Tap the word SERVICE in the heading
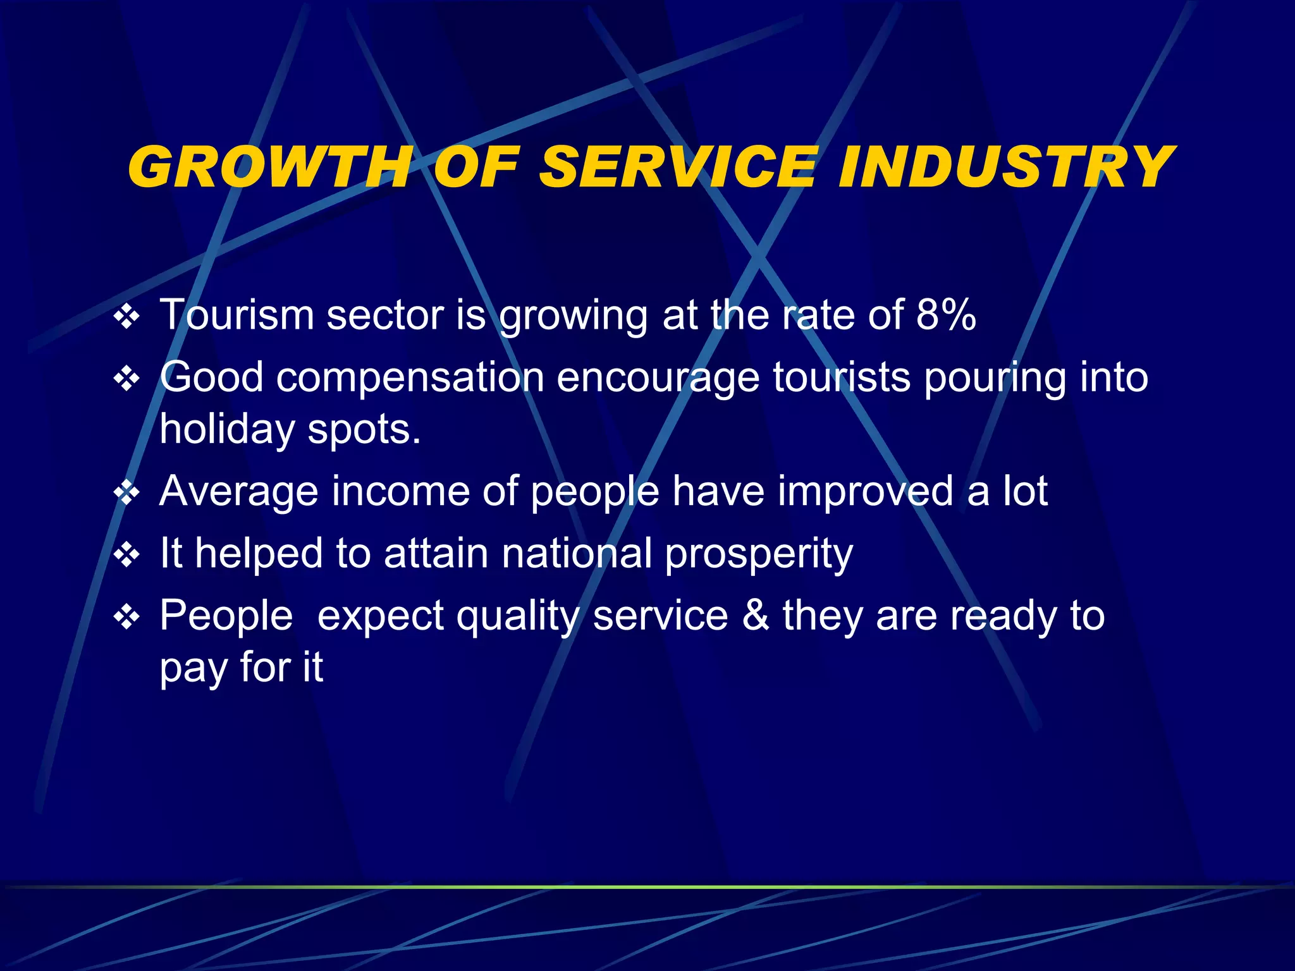[x=678, y=167]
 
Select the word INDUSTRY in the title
[x=1006, y=167]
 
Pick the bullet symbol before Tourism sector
[x=127, y=317]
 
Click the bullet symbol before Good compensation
[x=127, y=379]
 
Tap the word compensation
[x=410, y=378]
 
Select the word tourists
[x=842, y=378]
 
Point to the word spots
[x=364, y=431]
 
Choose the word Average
[x=238, y=491]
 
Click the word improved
[x=864, y=491]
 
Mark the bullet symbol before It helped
[x=127, y=555]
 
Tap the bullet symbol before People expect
[x=127, y=617]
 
